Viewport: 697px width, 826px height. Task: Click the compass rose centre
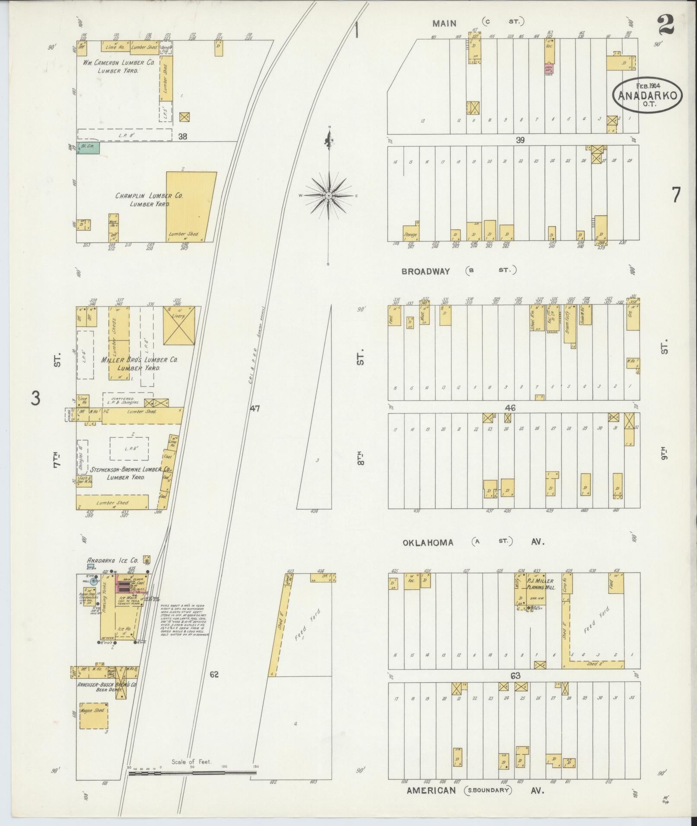click(x=329, y=196)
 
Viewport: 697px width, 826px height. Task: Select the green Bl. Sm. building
click(x=89, y=148)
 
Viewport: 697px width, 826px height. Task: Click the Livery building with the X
click(x=179, y=326)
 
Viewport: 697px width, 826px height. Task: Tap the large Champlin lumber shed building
click(x=191, y=207)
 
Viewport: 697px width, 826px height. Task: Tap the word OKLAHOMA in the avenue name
click(x=428, y=542)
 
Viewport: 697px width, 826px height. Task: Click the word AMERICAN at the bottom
click(x=431, y=791)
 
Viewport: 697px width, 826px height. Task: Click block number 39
click(x=520, y=140)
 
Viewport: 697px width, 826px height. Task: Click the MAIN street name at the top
click(x=444, y=23)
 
